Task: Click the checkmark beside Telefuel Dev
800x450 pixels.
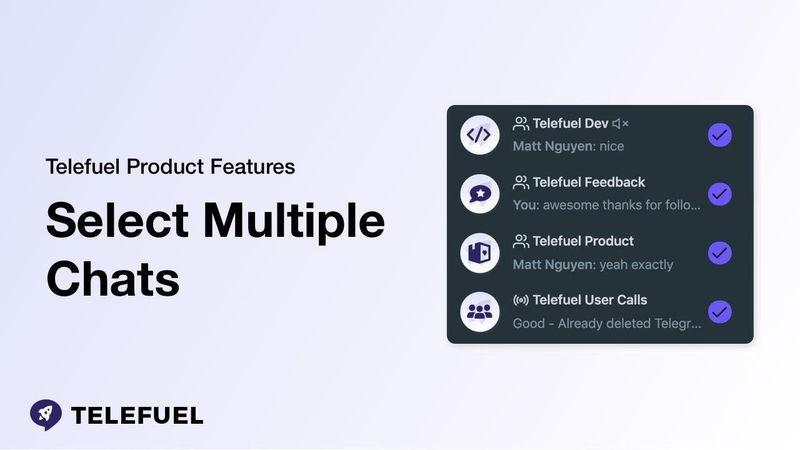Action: click(x=719, y=135)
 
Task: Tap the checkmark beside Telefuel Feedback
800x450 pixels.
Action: click(x=719, y=194)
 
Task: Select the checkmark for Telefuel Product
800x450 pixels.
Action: click(x=719, y=253)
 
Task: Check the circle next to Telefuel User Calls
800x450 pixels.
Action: click(x=719, y=312)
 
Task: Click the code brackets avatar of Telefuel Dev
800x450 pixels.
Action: click(x=479, y=135)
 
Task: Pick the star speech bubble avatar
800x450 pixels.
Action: click(x=479, y=194)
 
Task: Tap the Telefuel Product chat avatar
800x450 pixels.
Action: click(x=479, y=253)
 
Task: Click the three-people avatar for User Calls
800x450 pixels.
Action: click(x=479, y=312)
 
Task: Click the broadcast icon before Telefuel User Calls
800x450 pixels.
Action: click(x=521, y=300)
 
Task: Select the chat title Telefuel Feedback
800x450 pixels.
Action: click(x=588, y=182)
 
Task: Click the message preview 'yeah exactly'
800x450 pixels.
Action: click(x=636, y=264)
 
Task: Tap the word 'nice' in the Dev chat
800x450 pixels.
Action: click(x=611, y=146)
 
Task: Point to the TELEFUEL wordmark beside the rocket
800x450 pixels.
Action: click(x=137, y=416)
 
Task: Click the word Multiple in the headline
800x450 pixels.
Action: click(x=294, y=221)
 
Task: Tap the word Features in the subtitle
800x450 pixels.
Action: click(x=252, y=167)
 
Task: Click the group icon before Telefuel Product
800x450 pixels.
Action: click(x=521, y=241)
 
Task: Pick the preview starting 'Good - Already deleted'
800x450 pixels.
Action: click(x=606, y=324)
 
